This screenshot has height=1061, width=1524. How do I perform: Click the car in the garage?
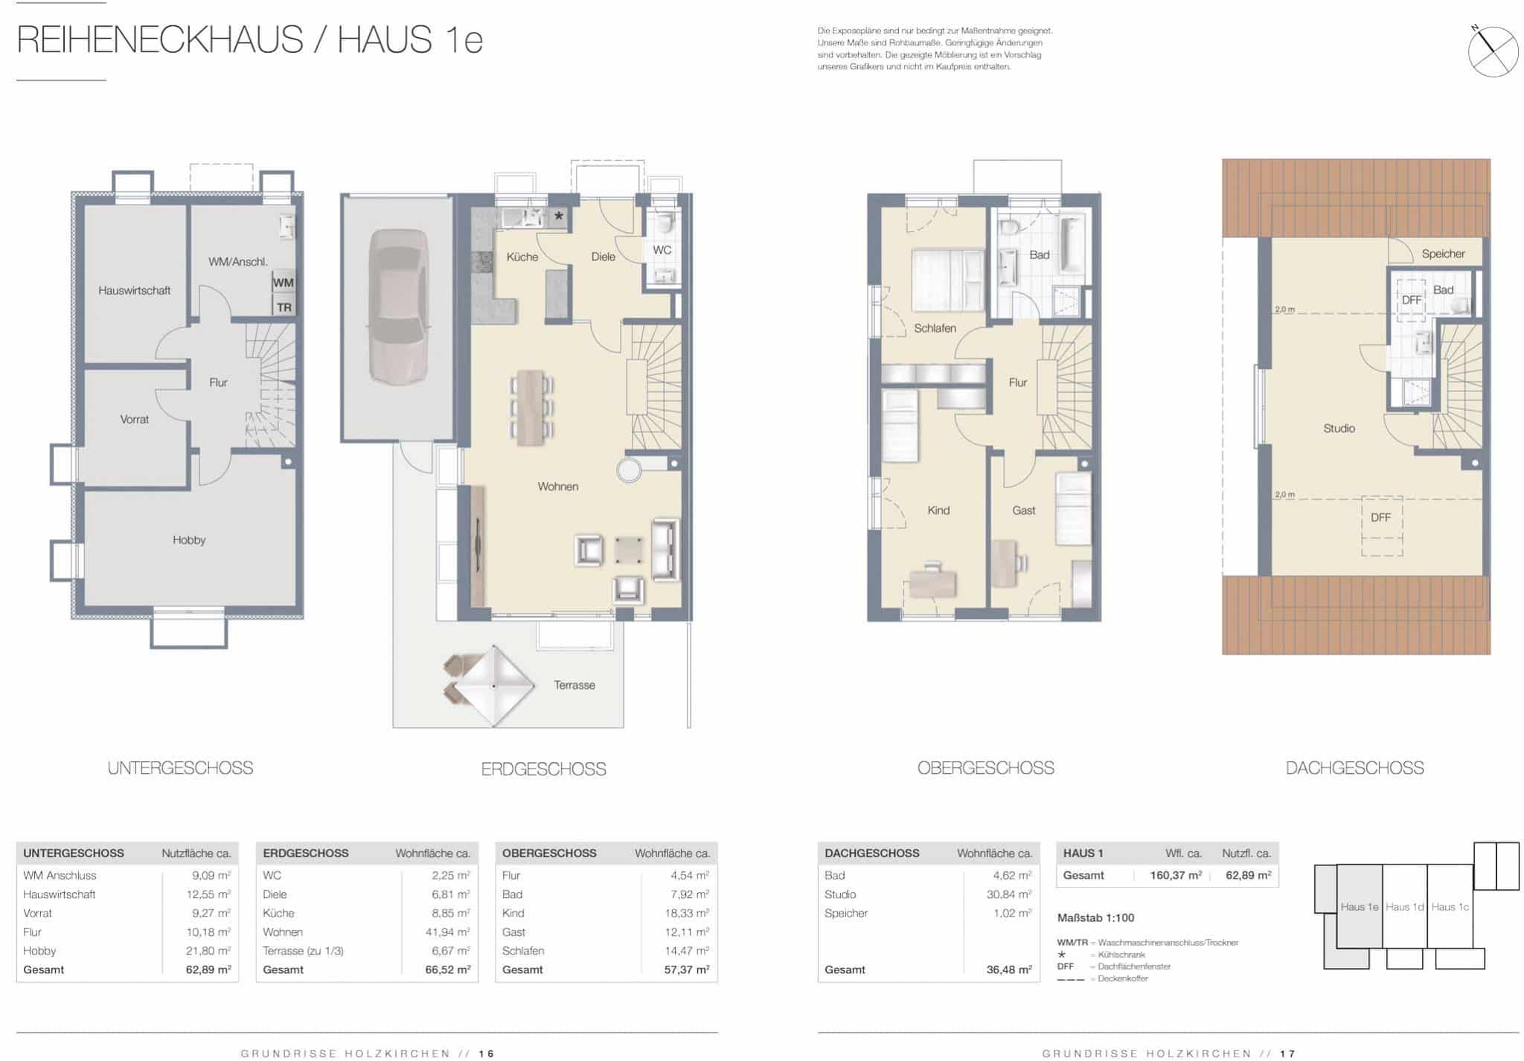398,306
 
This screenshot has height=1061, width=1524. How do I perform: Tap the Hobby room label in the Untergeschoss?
189,540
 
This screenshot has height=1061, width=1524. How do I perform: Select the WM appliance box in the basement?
284,283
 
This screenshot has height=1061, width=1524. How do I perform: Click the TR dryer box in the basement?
284,307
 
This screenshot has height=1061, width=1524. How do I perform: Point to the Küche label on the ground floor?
522,257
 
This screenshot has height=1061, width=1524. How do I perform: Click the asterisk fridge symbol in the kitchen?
559,217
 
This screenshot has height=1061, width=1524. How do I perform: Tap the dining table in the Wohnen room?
531,408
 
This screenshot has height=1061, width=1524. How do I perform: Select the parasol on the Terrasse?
493,685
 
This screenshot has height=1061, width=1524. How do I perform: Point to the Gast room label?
1024,510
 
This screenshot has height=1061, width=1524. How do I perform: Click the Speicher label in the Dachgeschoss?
1443,254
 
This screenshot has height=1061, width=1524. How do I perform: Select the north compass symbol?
1493,51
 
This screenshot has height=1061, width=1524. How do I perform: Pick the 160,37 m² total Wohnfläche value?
1176,876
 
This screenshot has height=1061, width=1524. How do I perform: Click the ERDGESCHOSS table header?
306,853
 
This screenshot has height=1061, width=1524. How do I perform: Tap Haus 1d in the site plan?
1404,907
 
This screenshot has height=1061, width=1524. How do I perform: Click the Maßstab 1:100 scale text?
1095,918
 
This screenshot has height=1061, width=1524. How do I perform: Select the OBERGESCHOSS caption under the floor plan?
985,768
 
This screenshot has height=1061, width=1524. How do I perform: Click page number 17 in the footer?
1288,1054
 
